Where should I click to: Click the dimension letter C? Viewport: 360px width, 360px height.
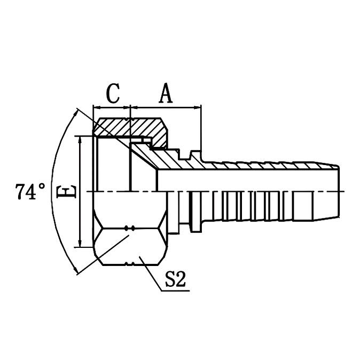[112, 93]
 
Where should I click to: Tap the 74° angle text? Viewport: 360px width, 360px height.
[30, 192]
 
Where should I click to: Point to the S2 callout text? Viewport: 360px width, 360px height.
[175, 279]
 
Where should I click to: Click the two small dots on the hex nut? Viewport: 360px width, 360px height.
[129, 228]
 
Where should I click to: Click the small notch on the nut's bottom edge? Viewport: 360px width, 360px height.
[129, 263]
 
